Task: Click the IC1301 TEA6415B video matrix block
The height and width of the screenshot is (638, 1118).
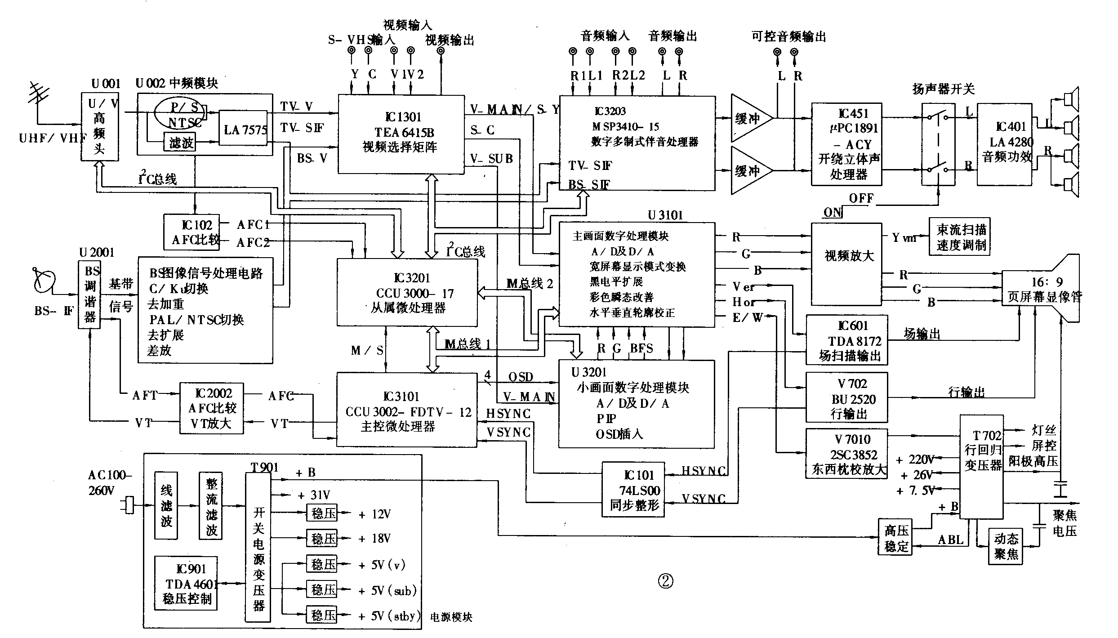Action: tap(401, 134)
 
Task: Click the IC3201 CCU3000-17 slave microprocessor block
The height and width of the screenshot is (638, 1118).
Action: tap(407, 293)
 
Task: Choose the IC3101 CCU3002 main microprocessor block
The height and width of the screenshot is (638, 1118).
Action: tap(407, 410)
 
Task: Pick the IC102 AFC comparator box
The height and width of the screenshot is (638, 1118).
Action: tap(192, 232)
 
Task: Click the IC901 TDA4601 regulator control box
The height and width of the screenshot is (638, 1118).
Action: tap(186, 583)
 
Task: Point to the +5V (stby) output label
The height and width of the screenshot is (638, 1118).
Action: tap(389, 616)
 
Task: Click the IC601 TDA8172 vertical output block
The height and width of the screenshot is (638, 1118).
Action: tap(846, 340)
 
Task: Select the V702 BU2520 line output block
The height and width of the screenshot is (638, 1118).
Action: tap(846, 397)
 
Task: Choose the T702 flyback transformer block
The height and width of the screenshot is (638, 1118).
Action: tap(982, 466)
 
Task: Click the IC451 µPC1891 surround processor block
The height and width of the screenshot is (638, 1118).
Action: tap(846, 144)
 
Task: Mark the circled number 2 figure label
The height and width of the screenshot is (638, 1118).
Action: tap(665, 581)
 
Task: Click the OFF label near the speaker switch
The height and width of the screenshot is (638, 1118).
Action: tap(861, 198)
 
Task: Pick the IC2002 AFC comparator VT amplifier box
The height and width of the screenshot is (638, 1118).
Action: tap(212, 408)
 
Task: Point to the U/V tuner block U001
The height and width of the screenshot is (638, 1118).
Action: tap(100, 127)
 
